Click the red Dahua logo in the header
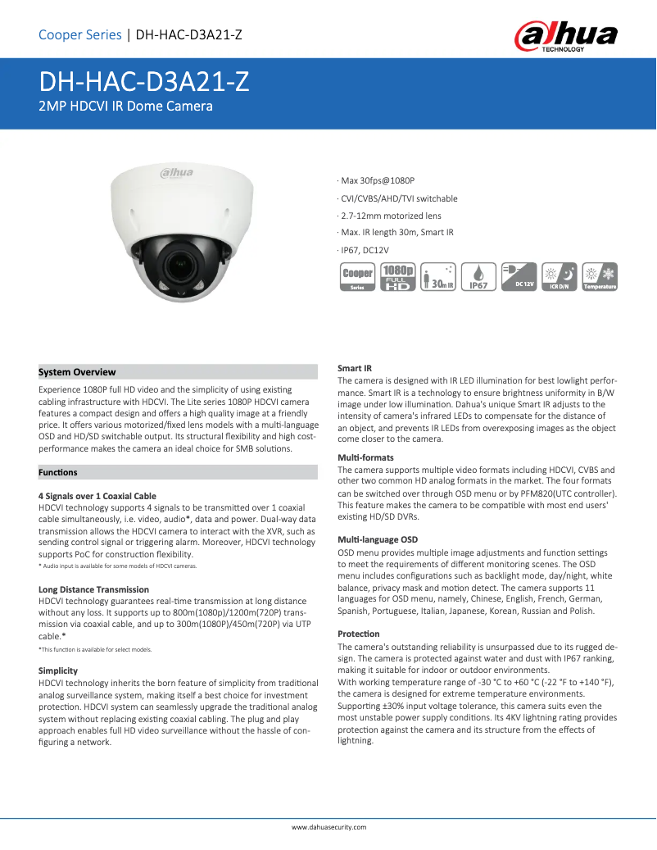point(565,37)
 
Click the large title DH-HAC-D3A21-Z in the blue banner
point(144,82)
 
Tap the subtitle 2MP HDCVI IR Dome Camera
point(126,107)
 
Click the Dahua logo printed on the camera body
point(175,172)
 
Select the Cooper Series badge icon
point(357,277)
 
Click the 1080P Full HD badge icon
point(397,277)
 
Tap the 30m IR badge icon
point(437,277)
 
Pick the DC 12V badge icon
point(518,277)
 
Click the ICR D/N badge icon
point(558,277)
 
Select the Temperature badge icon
point(599,277)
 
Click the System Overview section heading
point(78,372)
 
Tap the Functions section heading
point(58,472)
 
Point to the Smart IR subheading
point(355,368)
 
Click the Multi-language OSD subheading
point(378,539)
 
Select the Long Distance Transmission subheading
point(93,589)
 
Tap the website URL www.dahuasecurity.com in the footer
point(328,827)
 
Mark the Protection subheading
point(359,634)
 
